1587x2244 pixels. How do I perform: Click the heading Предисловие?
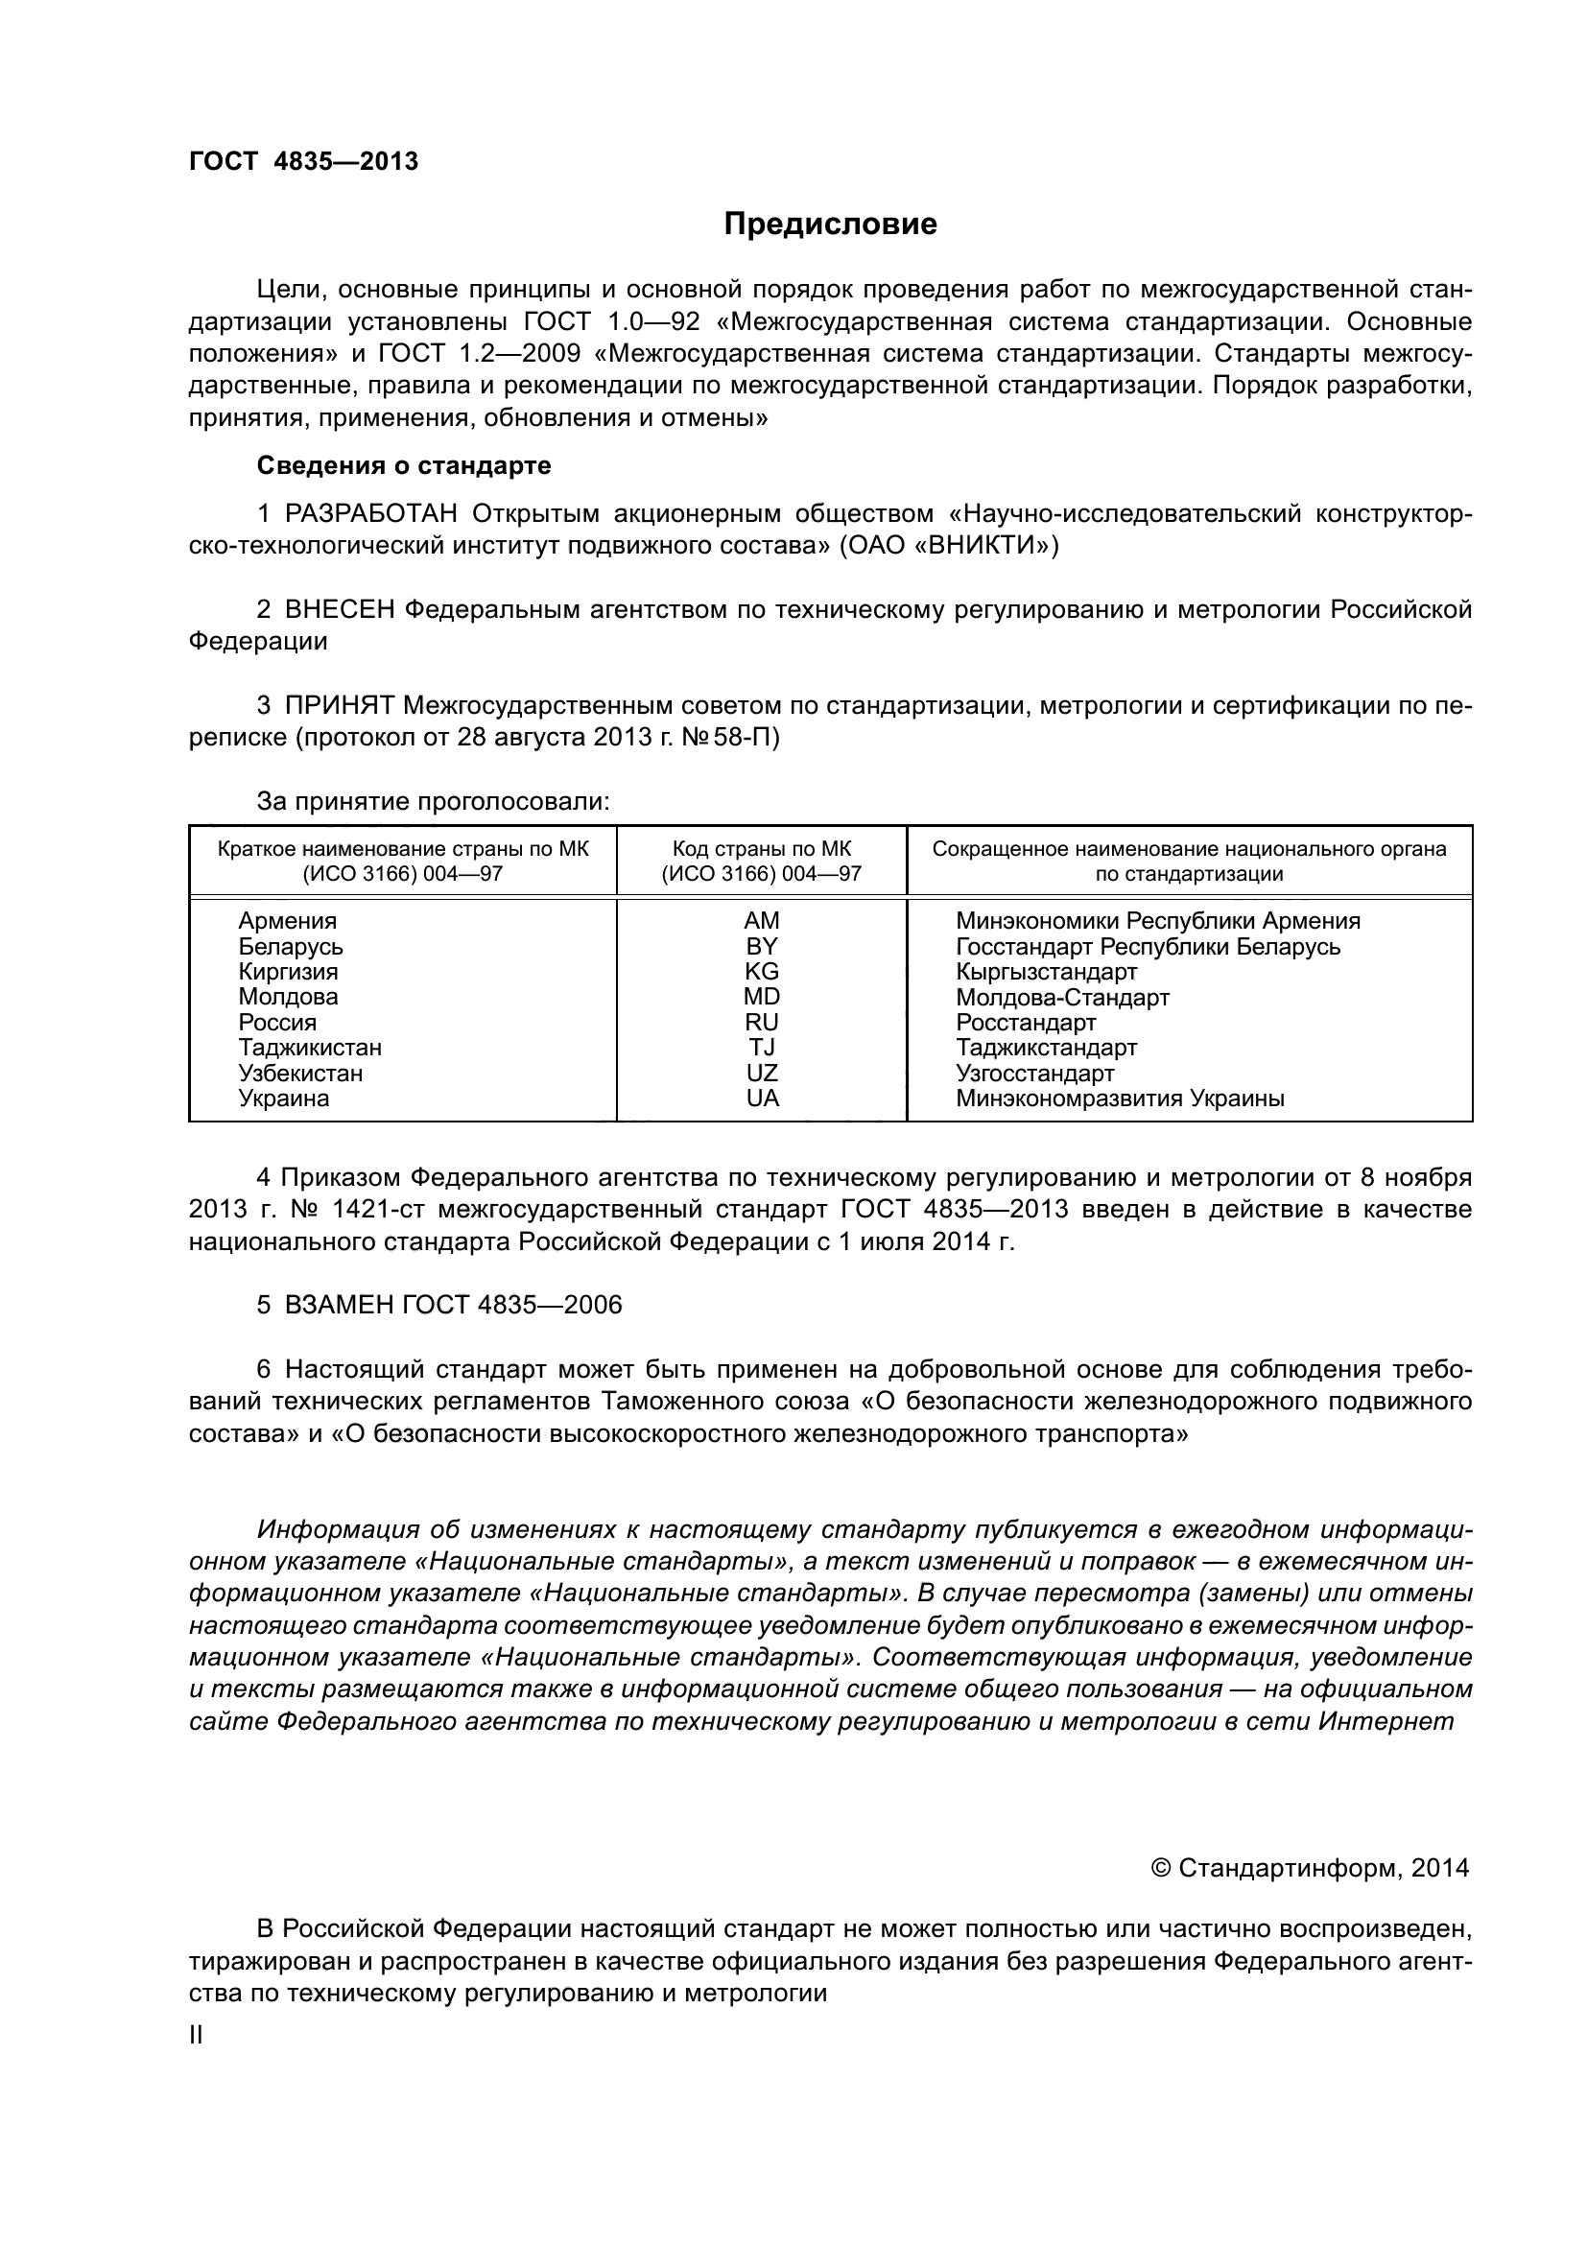830,224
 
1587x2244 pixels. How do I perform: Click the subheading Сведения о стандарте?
404,466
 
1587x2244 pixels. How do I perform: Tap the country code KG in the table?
761,972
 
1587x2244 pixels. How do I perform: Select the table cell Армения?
287,921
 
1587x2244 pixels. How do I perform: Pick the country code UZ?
761,1074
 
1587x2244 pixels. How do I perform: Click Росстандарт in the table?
1026,1023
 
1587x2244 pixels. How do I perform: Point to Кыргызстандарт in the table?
1047,972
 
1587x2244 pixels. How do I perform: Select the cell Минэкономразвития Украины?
1120,1098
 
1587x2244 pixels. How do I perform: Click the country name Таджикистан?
310,1048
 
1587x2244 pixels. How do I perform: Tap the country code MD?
761,997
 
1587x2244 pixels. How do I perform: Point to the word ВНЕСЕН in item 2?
340,610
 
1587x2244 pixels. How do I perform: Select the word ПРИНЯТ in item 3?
339,706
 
